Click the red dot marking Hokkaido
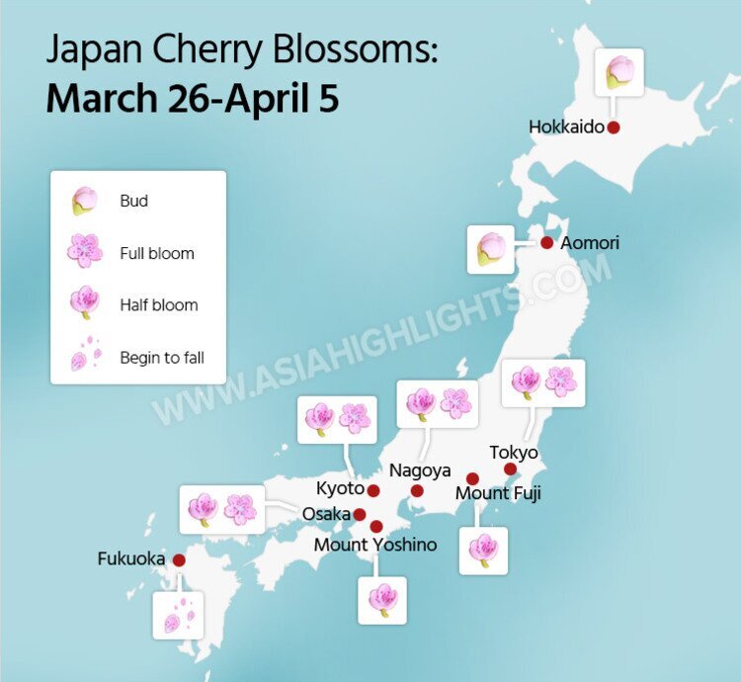coord(614,127)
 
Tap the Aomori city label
coord(590,242)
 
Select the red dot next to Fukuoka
coord(179,559)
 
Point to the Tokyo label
coord(514,453)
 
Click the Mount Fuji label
coord(498,492)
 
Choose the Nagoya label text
coord(420,470)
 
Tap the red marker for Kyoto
coord(373,490)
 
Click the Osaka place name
coord(326,514)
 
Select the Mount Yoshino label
coord(374,545)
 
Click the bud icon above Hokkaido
coord(620,72)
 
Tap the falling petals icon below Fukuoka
coord(178,615)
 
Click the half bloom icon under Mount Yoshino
coord(382,600)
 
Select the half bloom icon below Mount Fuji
coord(483,550)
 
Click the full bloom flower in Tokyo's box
coord(561,382)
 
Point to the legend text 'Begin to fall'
coord(161,358)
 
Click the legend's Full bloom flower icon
coord(85,252)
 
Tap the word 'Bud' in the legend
coord(133,201)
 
